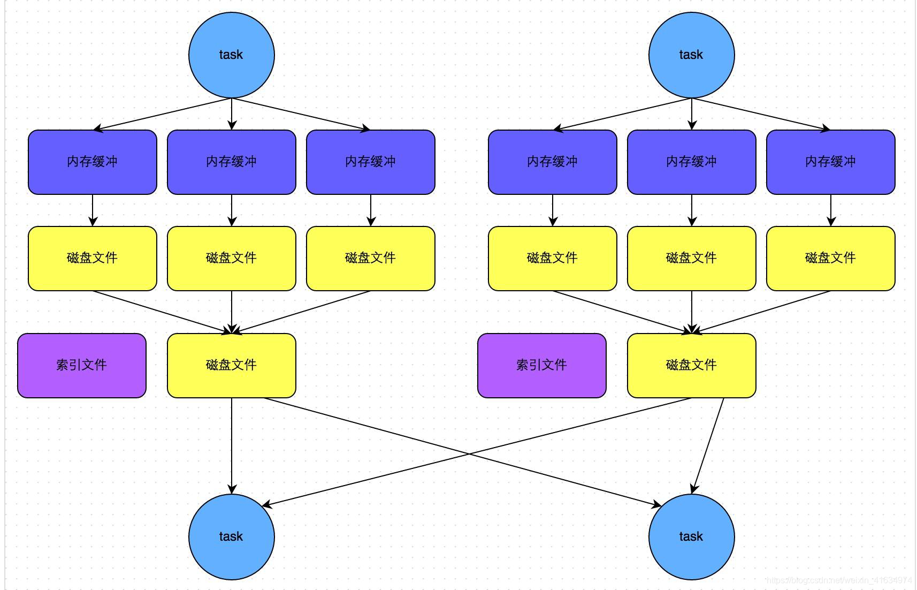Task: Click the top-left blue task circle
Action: (x=231, y=55)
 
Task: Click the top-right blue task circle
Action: (x=691, y=55)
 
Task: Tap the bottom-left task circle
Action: (x=231, y=536)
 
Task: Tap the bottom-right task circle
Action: (x=691, y=536)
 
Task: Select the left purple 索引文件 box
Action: (x=81, y=365)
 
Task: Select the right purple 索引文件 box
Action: (x=541, y=365)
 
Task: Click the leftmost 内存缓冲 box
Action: (x=92, y=162)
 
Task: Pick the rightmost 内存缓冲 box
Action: (x=830, y=162)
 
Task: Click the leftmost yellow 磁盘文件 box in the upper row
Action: (x=92, y=258)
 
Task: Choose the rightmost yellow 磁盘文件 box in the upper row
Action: (x=830, y=258)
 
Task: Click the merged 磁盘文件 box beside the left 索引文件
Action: (x=231, y=365)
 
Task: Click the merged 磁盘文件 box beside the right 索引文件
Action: (x=691, y=365)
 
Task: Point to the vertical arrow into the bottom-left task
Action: (x=232, y=444)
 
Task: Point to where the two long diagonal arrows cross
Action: (x=469, y=453)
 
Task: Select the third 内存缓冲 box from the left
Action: (x=370, y=162)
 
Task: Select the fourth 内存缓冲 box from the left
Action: (x=552, y=162)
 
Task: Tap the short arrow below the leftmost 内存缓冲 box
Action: (x=93, y=210)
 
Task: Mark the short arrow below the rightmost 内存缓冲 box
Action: (x=831, y=210)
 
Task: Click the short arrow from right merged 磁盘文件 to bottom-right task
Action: (x=708, y=444)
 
